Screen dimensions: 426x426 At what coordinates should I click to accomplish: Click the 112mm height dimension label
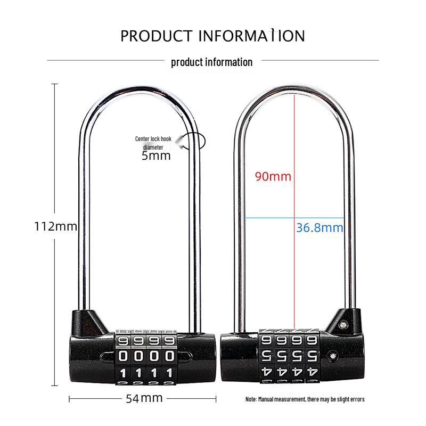pos(56,226)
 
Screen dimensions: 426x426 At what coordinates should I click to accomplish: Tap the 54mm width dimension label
pos(144,398)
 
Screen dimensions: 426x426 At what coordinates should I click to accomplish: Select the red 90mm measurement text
pos(273,176)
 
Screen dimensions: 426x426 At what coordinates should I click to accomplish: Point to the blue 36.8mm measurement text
pos(319,228)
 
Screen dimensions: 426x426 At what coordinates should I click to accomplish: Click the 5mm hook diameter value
pos(156,155)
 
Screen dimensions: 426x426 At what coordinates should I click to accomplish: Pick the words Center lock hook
pos(153,139)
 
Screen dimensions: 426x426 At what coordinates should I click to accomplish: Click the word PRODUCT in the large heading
pos(156,36)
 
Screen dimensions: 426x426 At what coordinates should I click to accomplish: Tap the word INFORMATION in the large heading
pos(251,36)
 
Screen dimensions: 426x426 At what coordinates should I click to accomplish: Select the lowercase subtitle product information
pos(211,62)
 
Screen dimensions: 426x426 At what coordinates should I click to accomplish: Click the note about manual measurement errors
pos(305,399)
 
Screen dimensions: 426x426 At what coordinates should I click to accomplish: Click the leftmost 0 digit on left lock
pos(123,356)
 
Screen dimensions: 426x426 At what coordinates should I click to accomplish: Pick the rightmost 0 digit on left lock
pos(169,356)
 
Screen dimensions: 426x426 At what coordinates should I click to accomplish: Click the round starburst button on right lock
pos(332,356)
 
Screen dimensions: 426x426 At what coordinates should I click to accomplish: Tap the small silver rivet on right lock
pos(343,324)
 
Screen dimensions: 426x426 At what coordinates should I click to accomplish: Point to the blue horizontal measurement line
pos(294,218)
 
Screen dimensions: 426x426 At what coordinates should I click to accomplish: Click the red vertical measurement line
pos(294,211)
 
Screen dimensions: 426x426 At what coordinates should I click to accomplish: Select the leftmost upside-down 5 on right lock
pos(266,356)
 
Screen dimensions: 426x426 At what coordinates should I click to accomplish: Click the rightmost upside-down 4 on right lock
pos(312,372)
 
